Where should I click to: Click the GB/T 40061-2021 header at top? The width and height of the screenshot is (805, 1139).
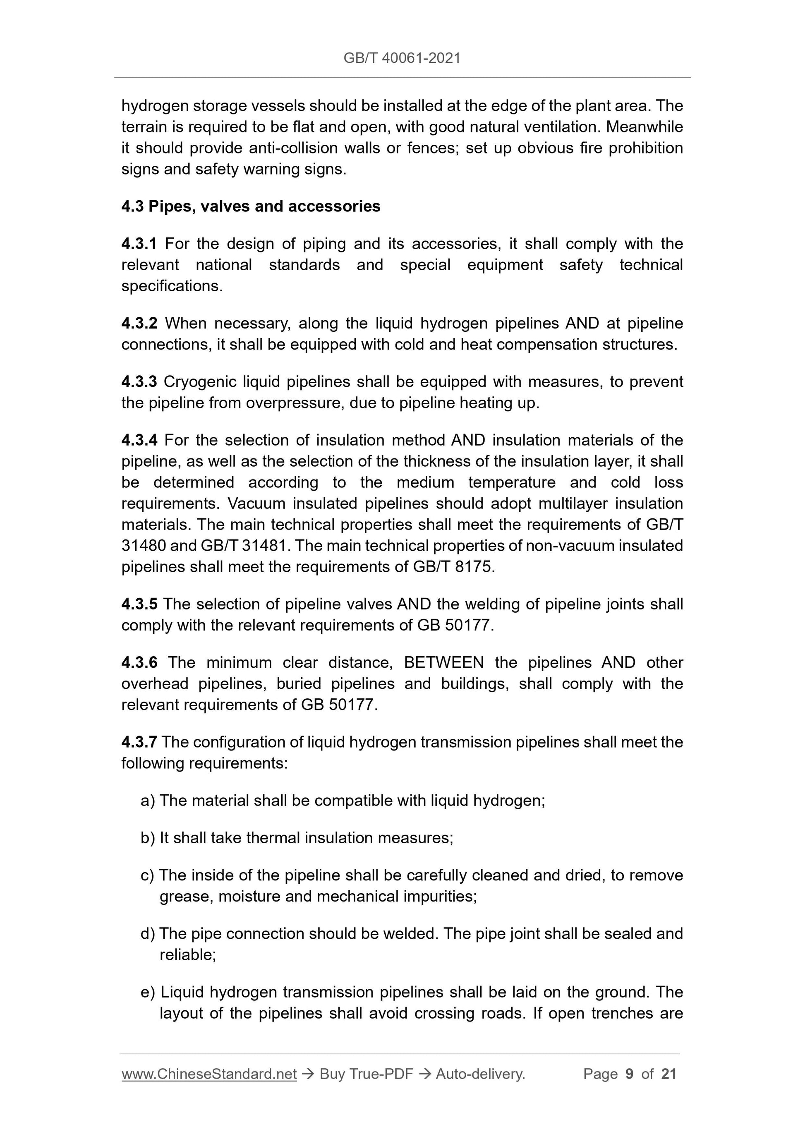402,58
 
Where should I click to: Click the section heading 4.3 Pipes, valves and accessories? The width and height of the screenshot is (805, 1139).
251,206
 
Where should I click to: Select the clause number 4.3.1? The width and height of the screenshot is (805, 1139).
139,244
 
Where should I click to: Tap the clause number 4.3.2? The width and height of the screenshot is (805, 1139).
139,324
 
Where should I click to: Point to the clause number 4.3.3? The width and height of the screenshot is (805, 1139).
139,382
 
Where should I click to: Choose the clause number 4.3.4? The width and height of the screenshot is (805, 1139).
139,441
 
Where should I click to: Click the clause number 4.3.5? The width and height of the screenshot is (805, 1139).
139,604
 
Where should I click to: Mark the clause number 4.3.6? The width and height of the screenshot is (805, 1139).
139,663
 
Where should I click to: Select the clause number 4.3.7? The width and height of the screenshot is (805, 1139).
139,742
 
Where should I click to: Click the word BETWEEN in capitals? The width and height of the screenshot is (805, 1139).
444,663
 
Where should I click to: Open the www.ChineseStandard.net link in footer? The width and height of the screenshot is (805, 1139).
209,1074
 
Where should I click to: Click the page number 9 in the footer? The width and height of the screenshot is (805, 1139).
630,1074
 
